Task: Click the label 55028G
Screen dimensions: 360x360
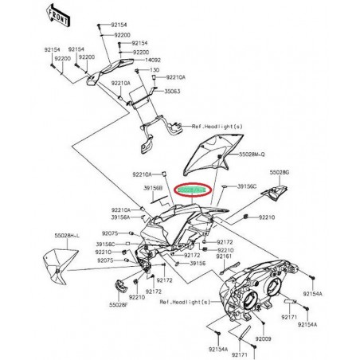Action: (x=280, y=171)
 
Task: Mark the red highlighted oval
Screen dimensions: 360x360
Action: (x=192, y=192)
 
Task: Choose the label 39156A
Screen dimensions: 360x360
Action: (x=119, y=217)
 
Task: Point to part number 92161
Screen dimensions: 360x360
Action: (x=224, y=256)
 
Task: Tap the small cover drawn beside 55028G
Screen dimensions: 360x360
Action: (x=284, y=190)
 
